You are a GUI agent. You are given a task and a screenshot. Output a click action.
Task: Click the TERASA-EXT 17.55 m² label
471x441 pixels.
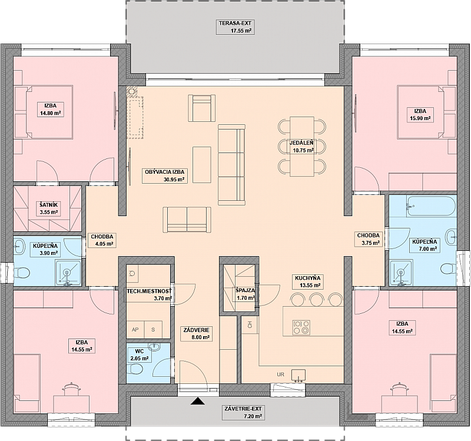click(235, 26)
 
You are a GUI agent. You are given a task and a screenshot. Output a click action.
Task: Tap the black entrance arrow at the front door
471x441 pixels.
click(197, 401)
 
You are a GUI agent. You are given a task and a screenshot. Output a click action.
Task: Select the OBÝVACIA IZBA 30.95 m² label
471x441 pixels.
click(165, 175)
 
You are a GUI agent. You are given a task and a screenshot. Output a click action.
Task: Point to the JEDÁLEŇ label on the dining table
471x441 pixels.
click(301, 143)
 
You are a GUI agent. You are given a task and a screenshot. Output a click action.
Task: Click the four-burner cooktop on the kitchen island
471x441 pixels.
click(301, 327)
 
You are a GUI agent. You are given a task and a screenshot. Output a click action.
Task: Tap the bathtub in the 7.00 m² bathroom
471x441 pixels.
click(431, 206)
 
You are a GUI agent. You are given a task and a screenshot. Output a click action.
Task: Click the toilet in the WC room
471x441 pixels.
click(138, 369)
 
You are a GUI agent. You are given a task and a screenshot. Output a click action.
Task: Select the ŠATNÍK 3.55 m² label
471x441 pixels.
click(48, 208)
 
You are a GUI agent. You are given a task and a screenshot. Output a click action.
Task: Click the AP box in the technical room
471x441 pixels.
click(135, 330)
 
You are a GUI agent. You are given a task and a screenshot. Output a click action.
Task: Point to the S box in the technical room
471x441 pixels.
click(153, 330)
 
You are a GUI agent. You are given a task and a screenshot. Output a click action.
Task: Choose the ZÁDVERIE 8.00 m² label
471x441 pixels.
click(196, 333)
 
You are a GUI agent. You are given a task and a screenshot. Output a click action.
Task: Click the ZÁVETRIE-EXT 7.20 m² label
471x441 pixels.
click(243, 412)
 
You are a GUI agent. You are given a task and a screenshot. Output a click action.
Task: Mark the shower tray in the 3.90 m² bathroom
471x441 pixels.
click(68, 273)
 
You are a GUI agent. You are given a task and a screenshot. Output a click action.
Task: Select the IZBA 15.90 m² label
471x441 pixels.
click(420, 114)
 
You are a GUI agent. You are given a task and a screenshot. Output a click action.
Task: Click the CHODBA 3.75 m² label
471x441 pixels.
click(369, 240)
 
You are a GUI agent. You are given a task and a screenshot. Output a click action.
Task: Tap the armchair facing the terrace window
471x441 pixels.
click(202, 108)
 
